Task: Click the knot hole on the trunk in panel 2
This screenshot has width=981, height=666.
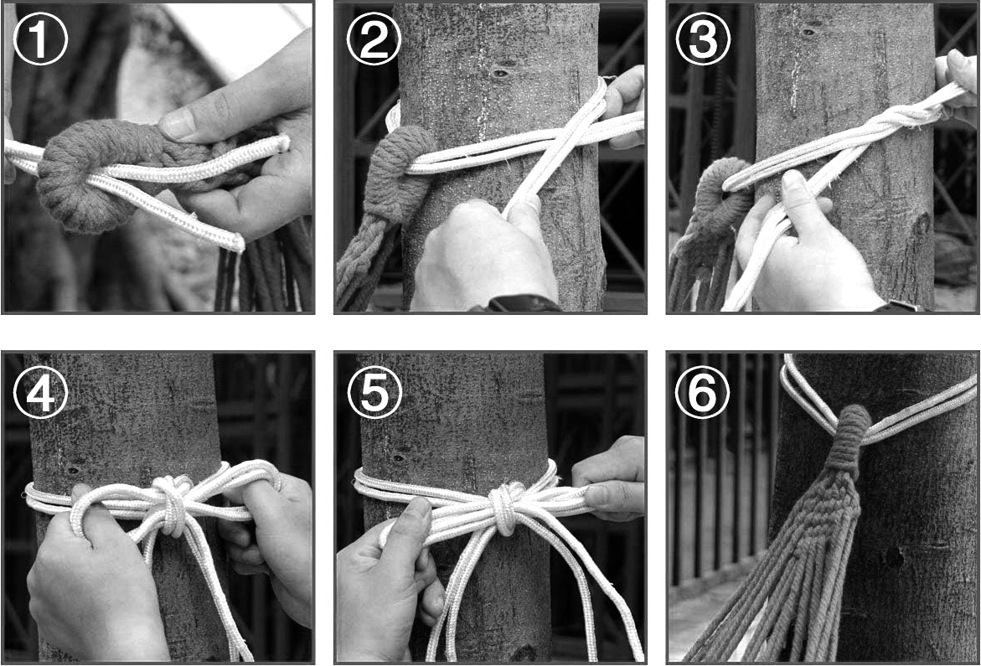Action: click(499, 74)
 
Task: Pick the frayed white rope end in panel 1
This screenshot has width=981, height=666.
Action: click(236, 240)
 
